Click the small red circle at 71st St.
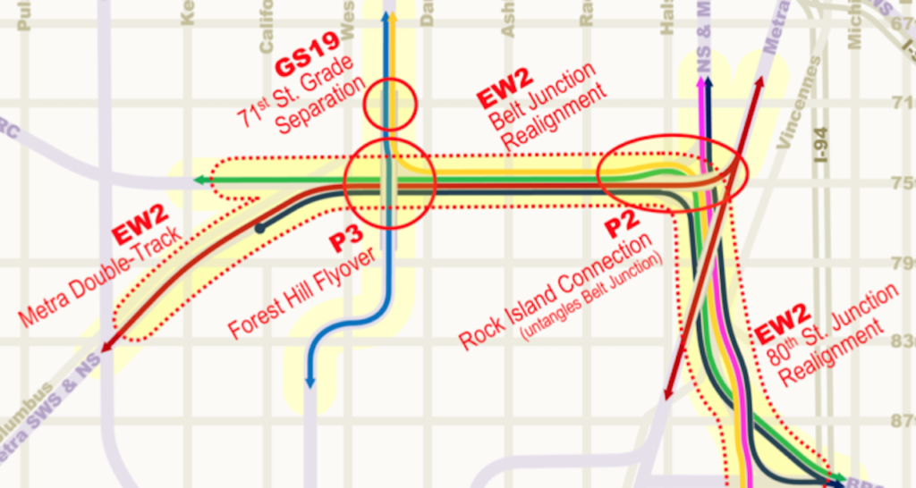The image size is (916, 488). tap(391, 105)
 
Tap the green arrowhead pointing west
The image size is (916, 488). tap(199, 181)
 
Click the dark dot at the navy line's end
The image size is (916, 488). tap(259, 229)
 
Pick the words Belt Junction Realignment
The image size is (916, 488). tap(542, 108)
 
